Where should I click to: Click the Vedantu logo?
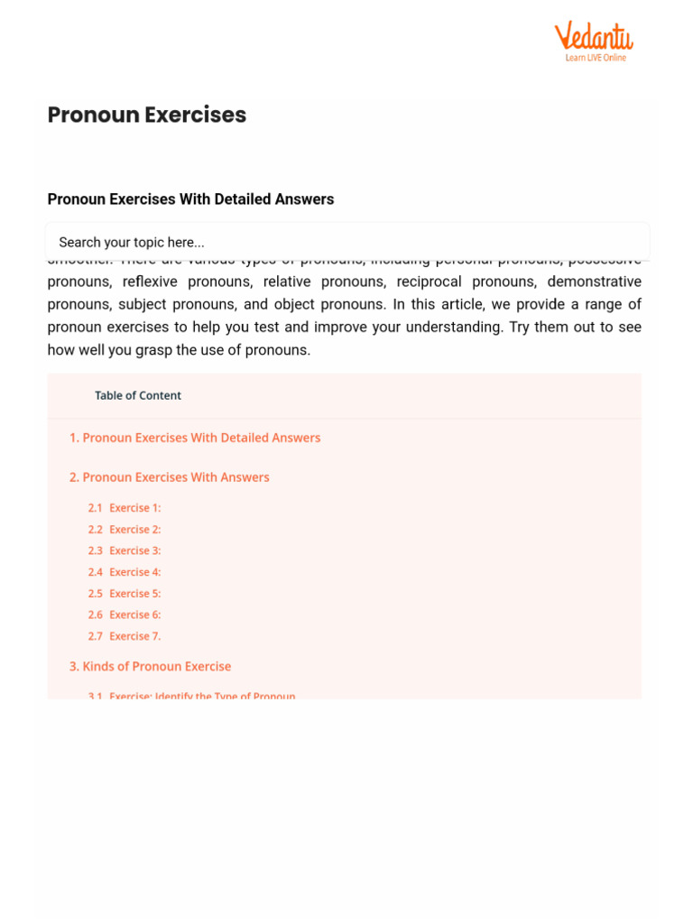click(593, 37)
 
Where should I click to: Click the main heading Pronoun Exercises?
click(147, 115)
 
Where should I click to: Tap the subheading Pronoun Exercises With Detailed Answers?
click(190, 199)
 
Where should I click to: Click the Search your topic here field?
click(347, 242)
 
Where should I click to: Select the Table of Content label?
click(138, 395)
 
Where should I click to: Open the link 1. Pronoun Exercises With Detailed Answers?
click(195, 438)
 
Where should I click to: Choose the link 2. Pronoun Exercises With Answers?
click(170, 477)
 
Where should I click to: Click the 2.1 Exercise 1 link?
click(125, 508)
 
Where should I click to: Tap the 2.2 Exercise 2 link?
click(125, 530)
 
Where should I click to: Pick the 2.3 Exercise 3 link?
click(125, 550)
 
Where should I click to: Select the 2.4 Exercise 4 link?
click(125, 572)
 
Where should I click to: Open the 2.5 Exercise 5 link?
click(125, 594)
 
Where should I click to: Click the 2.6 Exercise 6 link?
click(125, 614)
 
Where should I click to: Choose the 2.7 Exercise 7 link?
click(125, 636)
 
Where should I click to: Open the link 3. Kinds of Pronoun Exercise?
click(151, 667)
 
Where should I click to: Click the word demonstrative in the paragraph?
click(594, 282)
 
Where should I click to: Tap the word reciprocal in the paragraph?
click(429, 282)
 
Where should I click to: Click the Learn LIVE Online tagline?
click(596, 58)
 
